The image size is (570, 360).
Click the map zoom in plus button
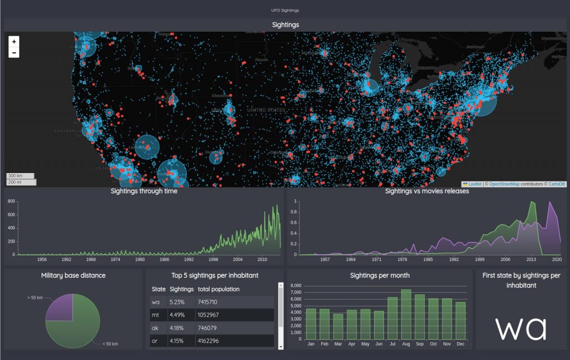(14, 41)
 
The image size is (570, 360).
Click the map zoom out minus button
(14, 53)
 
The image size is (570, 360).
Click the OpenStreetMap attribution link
(504, 184)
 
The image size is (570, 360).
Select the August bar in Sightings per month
(406, 314)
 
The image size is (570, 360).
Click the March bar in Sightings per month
(338, 326)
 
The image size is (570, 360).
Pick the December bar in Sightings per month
(460, 320)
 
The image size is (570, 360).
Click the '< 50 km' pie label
(110, 344)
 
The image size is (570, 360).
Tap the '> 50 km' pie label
(35, 298)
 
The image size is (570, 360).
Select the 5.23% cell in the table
(177, 302)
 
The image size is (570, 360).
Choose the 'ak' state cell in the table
(155, 328)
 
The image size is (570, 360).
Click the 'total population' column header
(218, 289)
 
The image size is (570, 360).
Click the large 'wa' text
(520, 328)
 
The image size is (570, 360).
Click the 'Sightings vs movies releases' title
(427, 191)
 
